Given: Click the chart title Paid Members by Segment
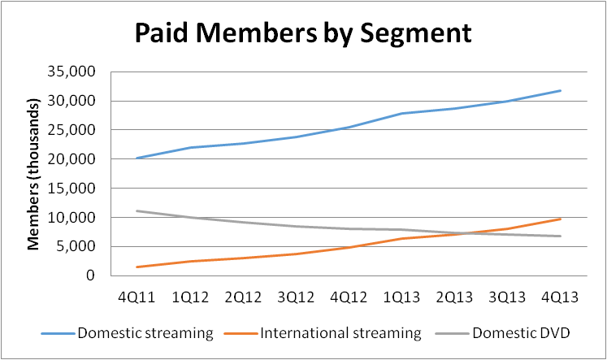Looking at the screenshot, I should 302,33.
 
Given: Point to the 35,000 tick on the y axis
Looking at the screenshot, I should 75,72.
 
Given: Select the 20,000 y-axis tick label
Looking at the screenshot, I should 75,159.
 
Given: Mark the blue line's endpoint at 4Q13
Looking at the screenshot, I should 560,90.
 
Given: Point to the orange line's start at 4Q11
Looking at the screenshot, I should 137,267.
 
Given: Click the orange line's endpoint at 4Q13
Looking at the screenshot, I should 560,219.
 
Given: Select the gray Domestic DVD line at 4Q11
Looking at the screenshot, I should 137,211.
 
